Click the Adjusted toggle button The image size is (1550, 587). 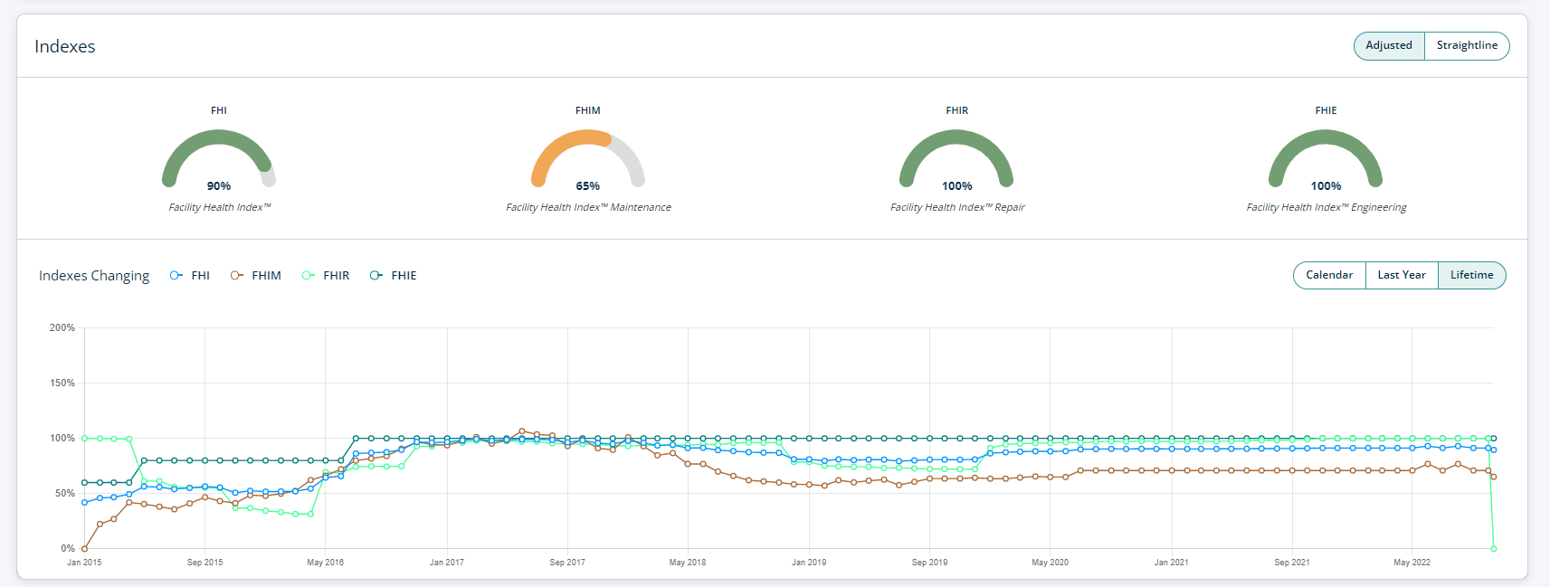[x=1388, y=46]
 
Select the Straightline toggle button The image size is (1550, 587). [x=1467, y=46]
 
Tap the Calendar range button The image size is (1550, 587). [x=1329, y=275]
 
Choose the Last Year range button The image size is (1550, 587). [x=1401, y=275]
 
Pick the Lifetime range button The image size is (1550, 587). [x=1471, y=275]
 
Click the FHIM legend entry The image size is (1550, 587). [x=256, y=276]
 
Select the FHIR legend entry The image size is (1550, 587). [x=326, y=276]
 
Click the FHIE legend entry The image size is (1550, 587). [x=394, y=276]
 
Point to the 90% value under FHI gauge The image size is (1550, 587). [x=219, y=186]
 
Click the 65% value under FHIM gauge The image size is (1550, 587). [x=588, y=186]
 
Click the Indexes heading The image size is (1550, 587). [x=65, y=47]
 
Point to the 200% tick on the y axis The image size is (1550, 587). [x=62, y=327]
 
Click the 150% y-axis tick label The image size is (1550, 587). [x=62, y=383]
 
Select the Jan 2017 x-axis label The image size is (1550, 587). [x=447, y=563]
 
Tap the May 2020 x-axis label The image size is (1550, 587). [x=1050, y=563]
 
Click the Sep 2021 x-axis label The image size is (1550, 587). [x=1292, y=563]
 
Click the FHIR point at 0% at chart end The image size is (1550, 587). [x=1493, y=548]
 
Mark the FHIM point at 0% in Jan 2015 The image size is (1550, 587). [x=85, y=548]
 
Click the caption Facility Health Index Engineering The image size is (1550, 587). [x=1327, y=208]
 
